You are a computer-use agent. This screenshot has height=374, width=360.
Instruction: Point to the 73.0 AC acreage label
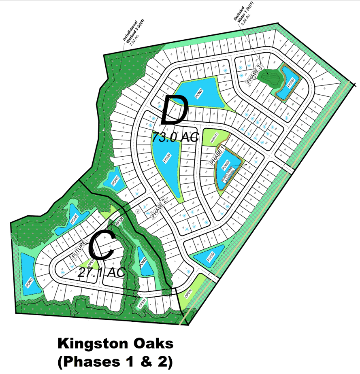[x=175, y=137]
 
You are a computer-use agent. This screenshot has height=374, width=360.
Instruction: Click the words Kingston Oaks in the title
[x=115, y=344]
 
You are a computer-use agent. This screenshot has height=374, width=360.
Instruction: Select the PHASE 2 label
[x=159, y=210]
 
